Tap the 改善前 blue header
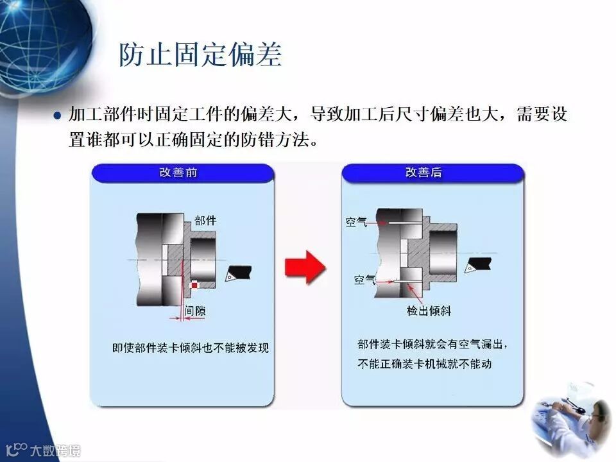click(x=183, y=173)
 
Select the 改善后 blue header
click(x=432, y=173)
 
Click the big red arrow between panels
click(x=305, y=267)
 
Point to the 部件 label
click(x=205, y=220)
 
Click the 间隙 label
click(x=195, y=311)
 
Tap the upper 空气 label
click(x=356, y=222)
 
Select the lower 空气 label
click(x=364, y=279)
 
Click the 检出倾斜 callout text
click(x=429, y=311)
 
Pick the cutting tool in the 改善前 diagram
click(x=238, y=273)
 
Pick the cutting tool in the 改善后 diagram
click(x=477, y=265)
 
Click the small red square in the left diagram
click(x=194, y=286)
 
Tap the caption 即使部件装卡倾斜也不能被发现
click(x=191, y=348)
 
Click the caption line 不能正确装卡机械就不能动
click(x=424, y=364)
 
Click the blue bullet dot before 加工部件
click(x=57, y=116)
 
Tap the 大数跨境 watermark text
click(x=55, y=450)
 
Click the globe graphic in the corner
click(x=43, y=43)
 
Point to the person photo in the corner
click(x=570, y=420)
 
